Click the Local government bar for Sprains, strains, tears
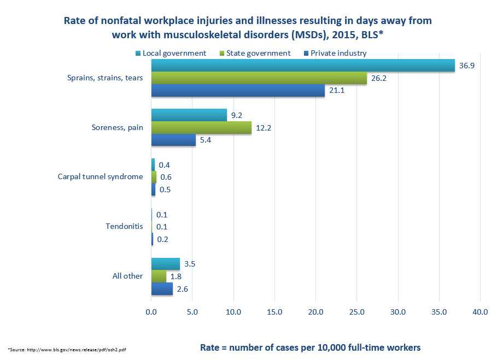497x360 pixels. pos(303,66)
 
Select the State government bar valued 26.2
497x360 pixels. pos(259,78)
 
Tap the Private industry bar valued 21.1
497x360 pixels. pos(238,91)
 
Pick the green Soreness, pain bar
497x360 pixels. pos(201,128)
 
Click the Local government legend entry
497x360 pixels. pos(173,53)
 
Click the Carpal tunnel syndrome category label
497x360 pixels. pos(100,177)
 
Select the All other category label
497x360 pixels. pos(127,276)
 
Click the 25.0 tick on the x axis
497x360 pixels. pos(356,312)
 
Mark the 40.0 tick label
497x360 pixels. pos(480,312)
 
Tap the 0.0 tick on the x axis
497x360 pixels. pos(151,312)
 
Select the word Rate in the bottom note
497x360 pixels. pos(209,347)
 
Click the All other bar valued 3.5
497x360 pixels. pos(165,264)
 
